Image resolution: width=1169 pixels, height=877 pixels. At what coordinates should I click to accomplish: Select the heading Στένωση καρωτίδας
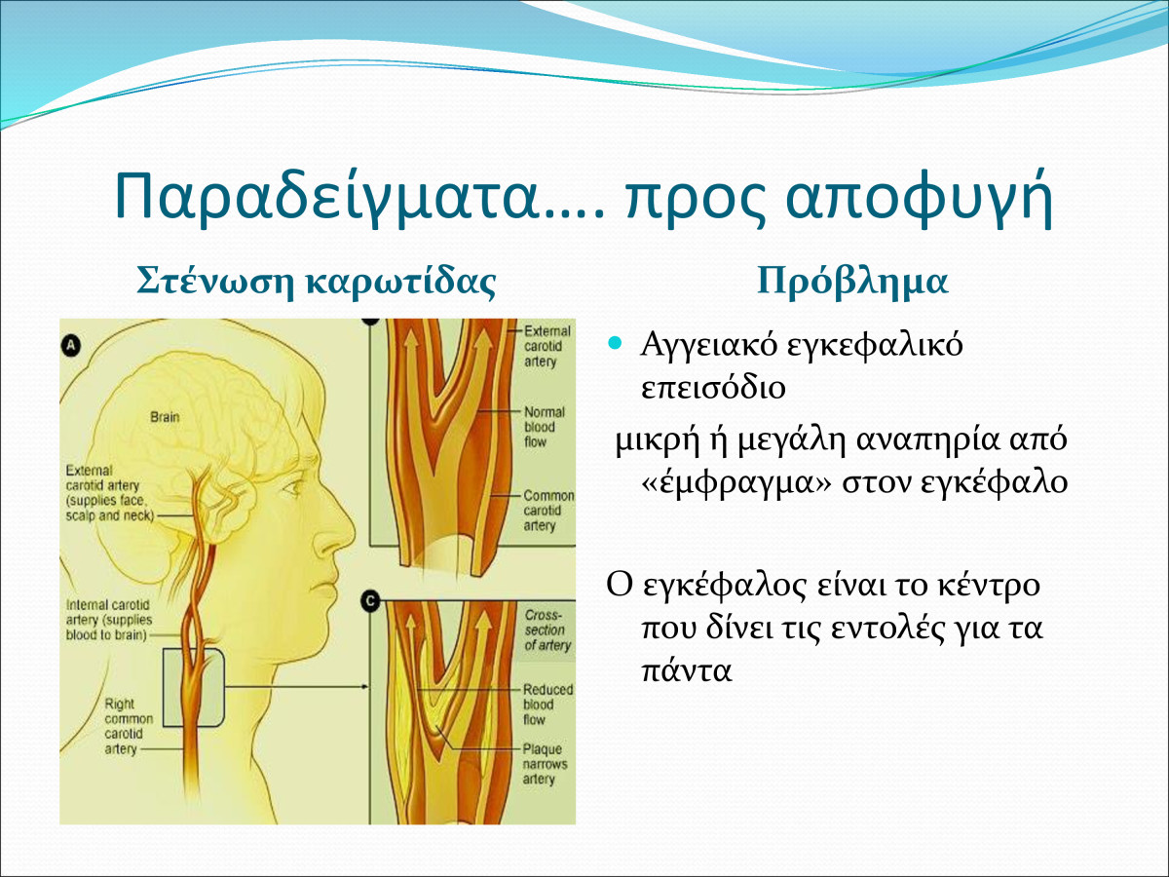tap(317, 282)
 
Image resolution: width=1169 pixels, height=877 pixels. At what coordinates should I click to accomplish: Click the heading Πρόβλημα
tap(852, 283)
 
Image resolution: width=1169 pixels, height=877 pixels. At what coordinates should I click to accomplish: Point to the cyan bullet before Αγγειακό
tap(615, 343)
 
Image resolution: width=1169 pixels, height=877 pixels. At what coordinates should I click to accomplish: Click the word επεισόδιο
tap(713, 388)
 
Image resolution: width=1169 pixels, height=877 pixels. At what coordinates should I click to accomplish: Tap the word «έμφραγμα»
tap(736, 483)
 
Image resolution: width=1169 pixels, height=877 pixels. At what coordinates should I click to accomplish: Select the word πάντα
tap(687, 670)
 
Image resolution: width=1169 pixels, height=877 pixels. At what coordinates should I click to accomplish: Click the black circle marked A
tap(71, 346)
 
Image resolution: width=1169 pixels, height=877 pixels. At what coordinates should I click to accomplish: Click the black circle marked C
tap(371, 601)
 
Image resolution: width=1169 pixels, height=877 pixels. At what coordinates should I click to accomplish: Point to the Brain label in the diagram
tap(165, 417)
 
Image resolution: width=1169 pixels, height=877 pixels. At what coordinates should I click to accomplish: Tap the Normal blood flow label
tap(545, 427)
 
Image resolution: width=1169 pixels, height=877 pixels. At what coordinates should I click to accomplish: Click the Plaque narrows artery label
tap(545, 764)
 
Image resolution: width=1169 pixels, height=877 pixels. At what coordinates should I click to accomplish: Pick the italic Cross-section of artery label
tap(547, 629)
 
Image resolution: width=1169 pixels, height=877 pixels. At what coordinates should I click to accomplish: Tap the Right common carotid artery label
tap(129, 726)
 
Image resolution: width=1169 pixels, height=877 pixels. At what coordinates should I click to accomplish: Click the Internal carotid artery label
tap(109, 620)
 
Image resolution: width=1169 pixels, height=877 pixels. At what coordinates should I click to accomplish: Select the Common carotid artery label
tap(548, 510)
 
